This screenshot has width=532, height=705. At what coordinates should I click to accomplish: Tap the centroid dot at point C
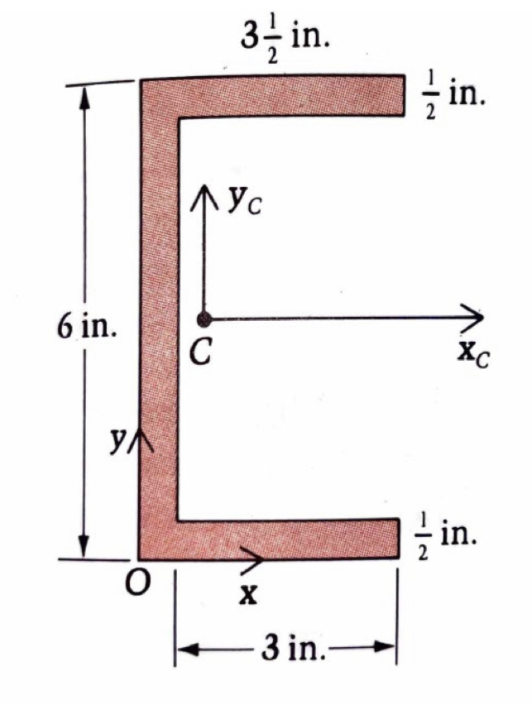pyautogui.click(x=202, y=319)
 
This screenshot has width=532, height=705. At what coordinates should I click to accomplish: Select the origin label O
pyautogui.click(x=138, y=585)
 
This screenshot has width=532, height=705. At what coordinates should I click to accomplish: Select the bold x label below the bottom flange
pyautogui.click(x=246, y=593)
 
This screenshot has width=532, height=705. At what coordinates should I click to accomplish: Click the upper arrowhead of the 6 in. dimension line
pyautogui.click(x=84, y=92)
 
